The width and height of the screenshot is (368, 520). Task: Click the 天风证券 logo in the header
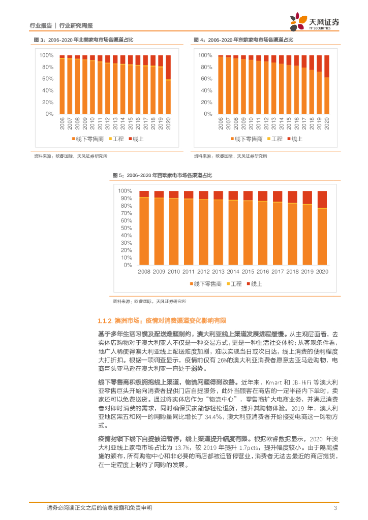[315, 23]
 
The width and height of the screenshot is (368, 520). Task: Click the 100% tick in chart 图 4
[205, 55]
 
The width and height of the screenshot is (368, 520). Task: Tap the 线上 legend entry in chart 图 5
[256, 284]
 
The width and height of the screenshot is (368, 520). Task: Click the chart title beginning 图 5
[162, 175]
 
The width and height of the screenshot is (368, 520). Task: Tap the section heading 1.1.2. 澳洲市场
[161, 321]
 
